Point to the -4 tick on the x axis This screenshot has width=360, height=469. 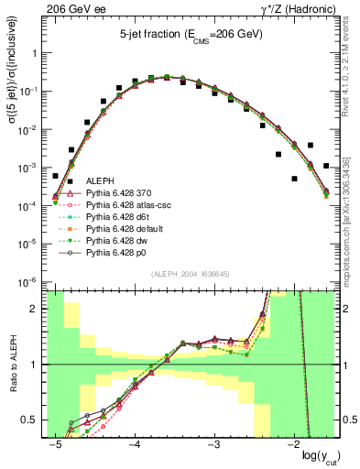pos(134,444)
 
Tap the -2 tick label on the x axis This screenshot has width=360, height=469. pos(293,444)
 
